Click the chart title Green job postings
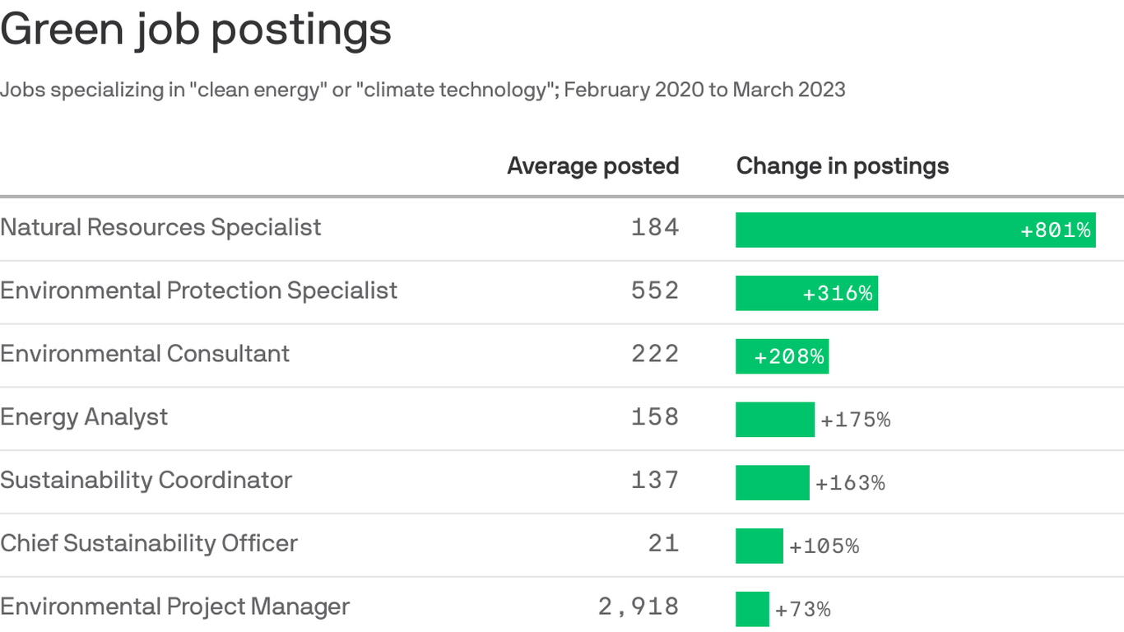tap(196, 30)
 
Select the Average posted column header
tap(592, 166)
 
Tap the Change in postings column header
tap(842, 166)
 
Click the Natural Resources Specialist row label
tap(160, 227)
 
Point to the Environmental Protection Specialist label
tap(198, 290)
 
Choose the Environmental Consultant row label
tap(145, 354)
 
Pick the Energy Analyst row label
tap(84, 417)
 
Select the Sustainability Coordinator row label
tap(146, 480)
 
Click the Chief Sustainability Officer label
tap(149, 543)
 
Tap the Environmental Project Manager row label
tap(174, 606)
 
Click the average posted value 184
tap(655, 228)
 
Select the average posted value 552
tap(655, 291)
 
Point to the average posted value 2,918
tap(639, 607)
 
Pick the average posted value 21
tap(663, 544)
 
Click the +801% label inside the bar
tap(1055, 230)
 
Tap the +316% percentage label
tap(838, 294)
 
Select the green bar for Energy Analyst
tap(774, 420)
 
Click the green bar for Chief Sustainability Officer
tap(759, 546)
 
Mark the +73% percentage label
tap(802, 610)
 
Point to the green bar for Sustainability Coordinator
tap(772, 483)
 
